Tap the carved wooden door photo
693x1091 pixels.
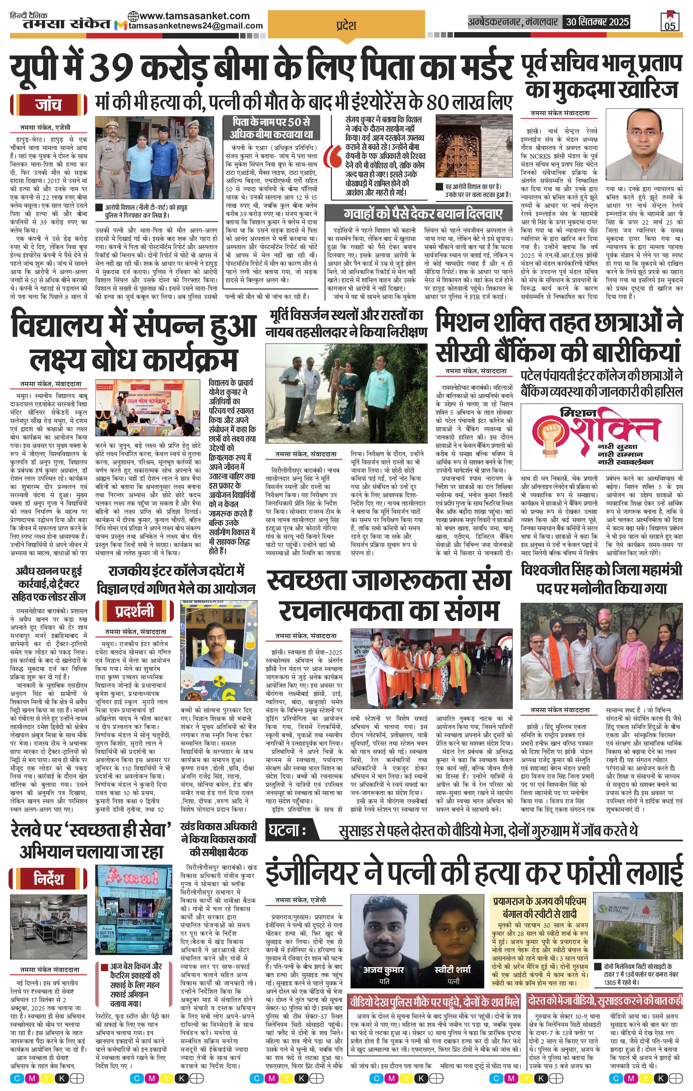click(x=473, y=146)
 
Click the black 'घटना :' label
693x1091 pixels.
click(x=287, y=830)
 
